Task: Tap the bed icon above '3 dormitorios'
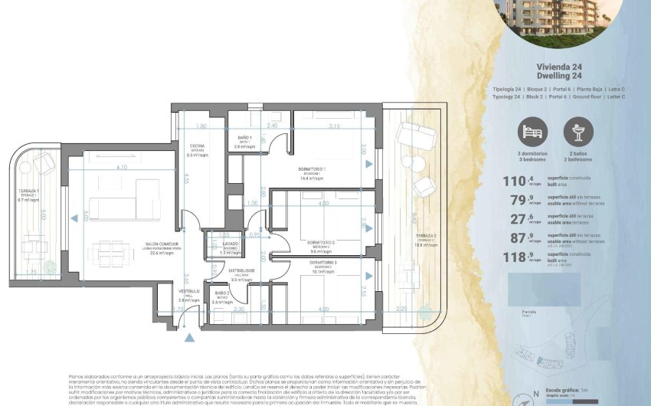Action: click(533, 132)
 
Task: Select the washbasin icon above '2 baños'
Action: click(578, 132)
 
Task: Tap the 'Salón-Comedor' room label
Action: click(145, 244)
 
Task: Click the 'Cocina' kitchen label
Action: click(198, 146)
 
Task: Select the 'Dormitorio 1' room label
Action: click(312, 169)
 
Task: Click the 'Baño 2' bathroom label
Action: click(221, 293)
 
